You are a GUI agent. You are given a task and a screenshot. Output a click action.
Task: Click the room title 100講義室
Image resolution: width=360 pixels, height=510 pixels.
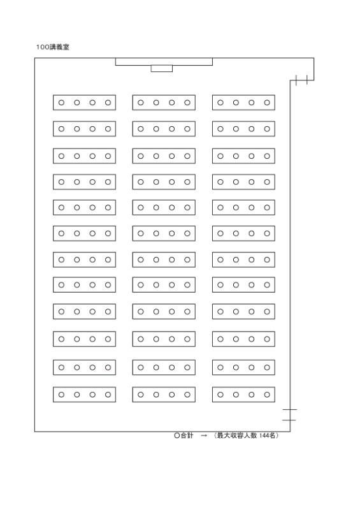click(52, 47)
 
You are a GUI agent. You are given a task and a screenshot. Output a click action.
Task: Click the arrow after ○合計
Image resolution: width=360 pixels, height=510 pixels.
click(204, 435)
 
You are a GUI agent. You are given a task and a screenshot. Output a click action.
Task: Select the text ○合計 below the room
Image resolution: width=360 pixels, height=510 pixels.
click(184, 435)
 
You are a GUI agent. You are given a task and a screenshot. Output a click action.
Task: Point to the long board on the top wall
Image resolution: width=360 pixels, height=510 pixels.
click(164, 62)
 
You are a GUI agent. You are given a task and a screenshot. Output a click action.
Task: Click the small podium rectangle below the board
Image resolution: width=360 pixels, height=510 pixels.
click(162, 69)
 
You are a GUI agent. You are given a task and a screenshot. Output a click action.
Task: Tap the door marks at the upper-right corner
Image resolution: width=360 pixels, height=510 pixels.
click(301, 80)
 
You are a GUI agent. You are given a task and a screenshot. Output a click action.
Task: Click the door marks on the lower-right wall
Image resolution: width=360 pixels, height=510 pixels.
click(289, 415)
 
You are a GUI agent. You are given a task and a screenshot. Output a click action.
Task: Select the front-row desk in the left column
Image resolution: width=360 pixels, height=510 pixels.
click(84, 103)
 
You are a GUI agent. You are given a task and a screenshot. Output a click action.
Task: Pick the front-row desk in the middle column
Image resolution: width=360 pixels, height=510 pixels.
click(164, 103)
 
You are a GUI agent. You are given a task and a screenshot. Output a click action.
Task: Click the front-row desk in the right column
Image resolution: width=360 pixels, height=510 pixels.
click(243, 103)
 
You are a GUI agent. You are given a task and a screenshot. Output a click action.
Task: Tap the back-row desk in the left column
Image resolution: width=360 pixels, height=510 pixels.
click(84, 395)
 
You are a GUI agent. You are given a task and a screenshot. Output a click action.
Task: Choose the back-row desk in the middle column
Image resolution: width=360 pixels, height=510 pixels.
click(164, 395)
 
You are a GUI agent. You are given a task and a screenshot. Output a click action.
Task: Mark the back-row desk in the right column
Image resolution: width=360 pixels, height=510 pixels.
click(243, 395)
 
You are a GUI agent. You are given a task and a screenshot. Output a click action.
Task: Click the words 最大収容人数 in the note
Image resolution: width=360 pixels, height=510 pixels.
click(237, 435)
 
